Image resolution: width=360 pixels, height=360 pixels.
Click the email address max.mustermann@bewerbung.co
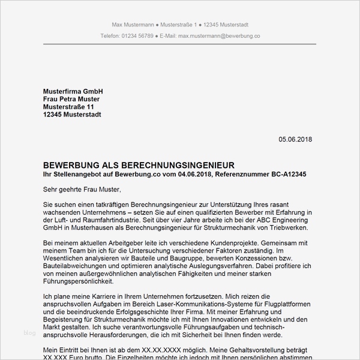click(x=220, y=36)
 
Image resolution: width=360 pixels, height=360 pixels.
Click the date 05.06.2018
click(x=295, y=139)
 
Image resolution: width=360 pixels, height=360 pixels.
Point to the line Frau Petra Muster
click(x=71, y=98)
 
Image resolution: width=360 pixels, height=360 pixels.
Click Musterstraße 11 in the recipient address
click(x=68, y=106)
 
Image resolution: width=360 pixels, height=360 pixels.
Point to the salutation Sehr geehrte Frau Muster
click(x=82, y=190)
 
